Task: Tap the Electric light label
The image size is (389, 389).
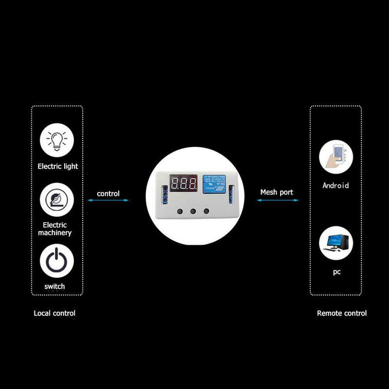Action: coord(58,166)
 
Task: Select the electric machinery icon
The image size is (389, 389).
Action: coord(57,200)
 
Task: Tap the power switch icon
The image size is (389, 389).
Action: coord(57,262)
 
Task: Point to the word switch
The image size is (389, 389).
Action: coord(54,286)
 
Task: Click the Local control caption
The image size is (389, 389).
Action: coord(54,314)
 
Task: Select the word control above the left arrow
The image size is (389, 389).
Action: coord(108,194)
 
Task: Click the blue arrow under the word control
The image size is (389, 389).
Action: coord(108,200)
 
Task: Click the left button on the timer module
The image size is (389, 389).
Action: coord(180,211)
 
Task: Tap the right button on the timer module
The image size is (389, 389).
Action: coord(206,211)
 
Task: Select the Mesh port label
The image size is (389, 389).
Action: coord(277,193)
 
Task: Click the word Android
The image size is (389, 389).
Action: coord(336,185)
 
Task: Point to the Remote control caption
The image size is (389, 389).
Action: coord(342,314)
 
